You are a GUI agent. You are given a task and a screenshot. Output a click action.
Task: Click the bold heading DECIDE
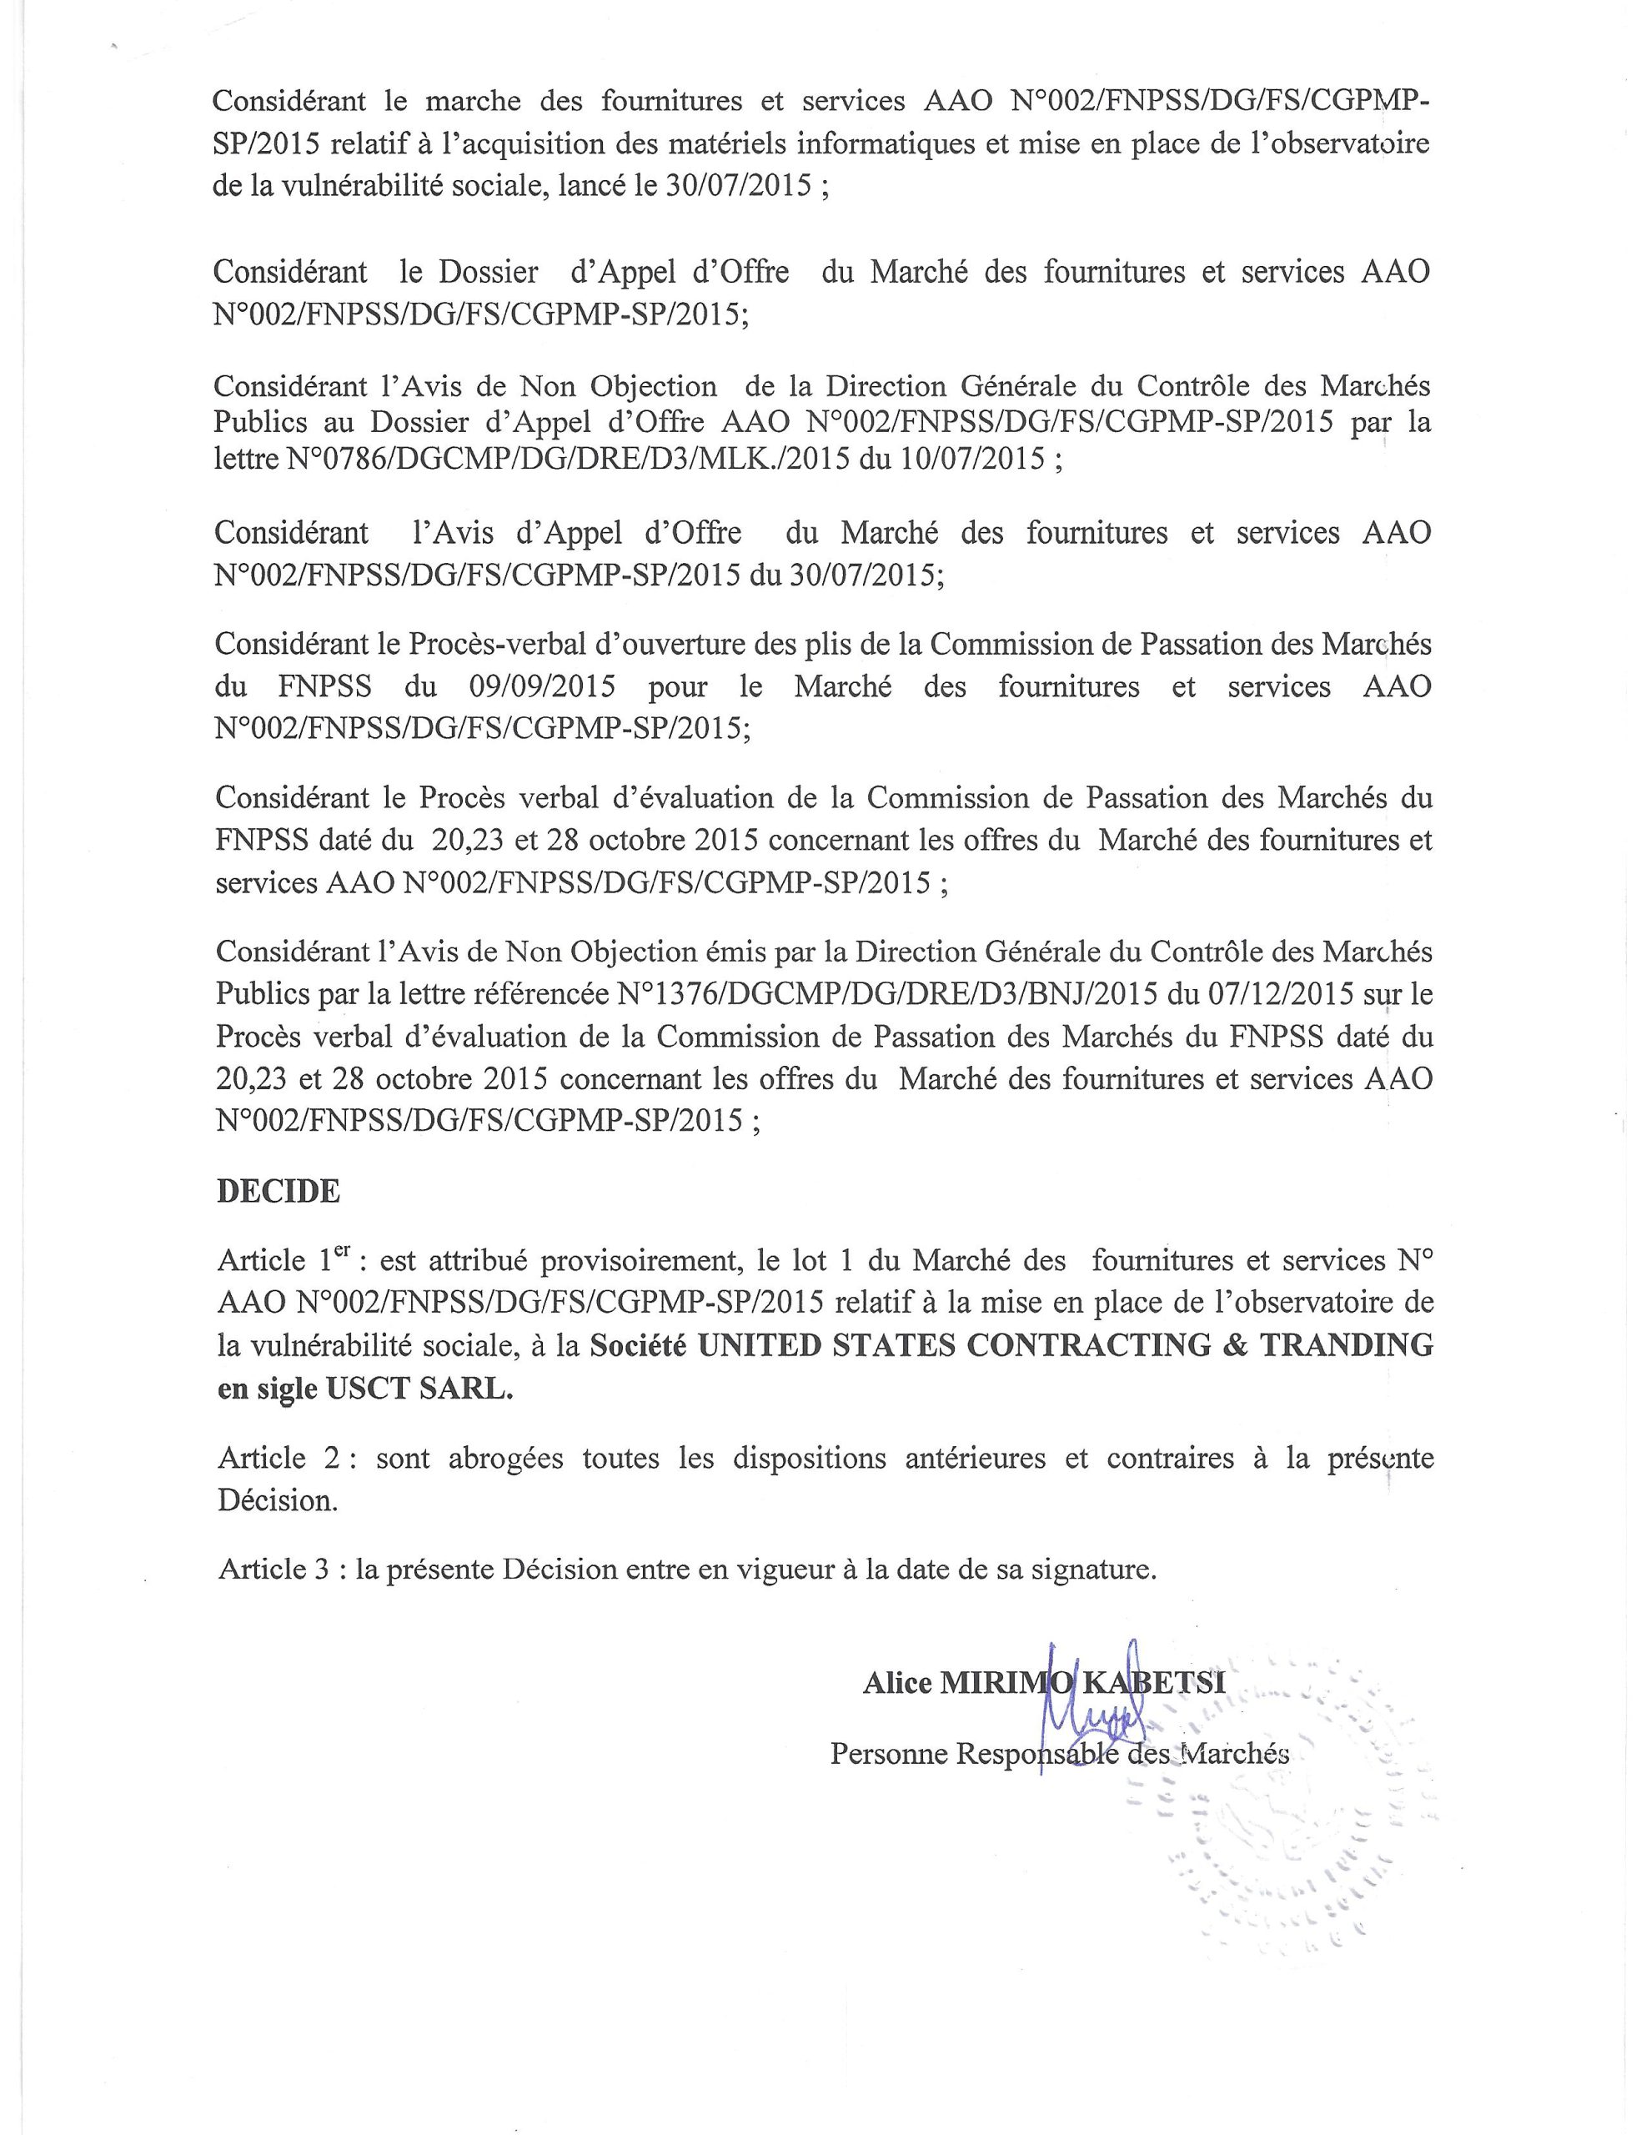pos(278,1191)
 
